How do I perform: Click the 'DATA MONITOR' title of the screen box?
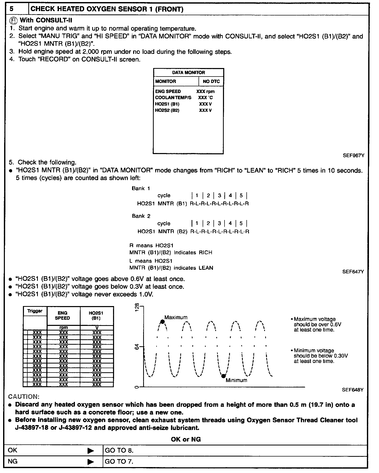coord(188,73)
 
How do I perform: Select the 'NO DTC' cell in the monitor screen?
coord(211,81)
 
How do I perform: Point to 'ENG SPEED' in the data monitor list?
coord(168,91)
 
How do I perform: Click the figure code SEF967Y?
coord(353,156)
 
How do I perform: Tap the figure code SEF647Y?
coord(353,272)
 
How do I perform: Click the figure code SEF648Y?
coord(352,390)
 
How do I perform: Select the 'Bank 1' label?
coord(141,188)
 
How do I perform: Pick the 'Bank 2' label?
coord(141,216)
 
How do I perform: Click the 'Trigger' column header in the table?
coord(35,311)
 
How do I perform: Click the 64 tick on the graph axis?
coord(137,347)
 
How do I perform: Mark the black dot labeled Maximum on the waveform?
coord(162,322)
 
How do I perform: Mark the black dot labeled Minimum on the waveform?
coord(223,376)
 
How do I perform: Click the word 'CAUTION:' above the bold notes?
coord(24,396)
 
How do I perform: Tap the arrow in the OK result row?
coord(91,451)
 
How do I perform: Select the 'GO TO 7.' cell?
coord(119,461)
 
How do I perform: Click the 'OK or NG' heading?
coord(186,439)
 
